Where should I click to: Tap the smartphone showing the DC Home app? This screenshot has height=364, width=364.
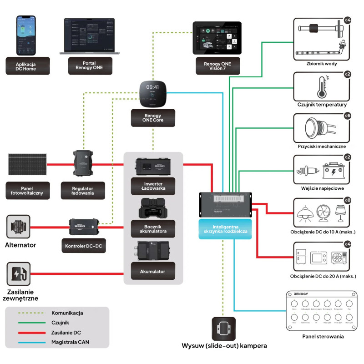pyautogui.click(x=26, y=35)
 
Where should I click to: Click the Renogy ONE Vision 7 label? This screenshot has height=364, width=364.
pyautogui.click(x=214, y=66)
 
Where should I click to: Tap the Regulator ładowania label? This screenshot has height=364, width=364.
pyautogui.click(x=83, y=190)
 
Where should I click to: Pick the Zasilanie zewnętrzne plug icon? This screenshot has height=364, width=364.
pyautogui.click(x=19, y=273)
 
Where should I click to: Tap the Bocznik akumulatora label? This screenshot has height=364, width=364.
pyautogui.click(x=153, y=228)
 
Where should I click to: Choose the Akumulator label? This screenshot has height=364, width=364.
pyautogui.click(x=153, y=272)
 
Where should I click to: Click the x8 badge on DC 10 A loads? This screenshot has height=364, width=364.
pyautogui.click(x=347, y=200)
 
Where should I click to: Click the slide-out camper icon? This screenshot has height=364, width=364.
pyautogui.click(x=224, y=329)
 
